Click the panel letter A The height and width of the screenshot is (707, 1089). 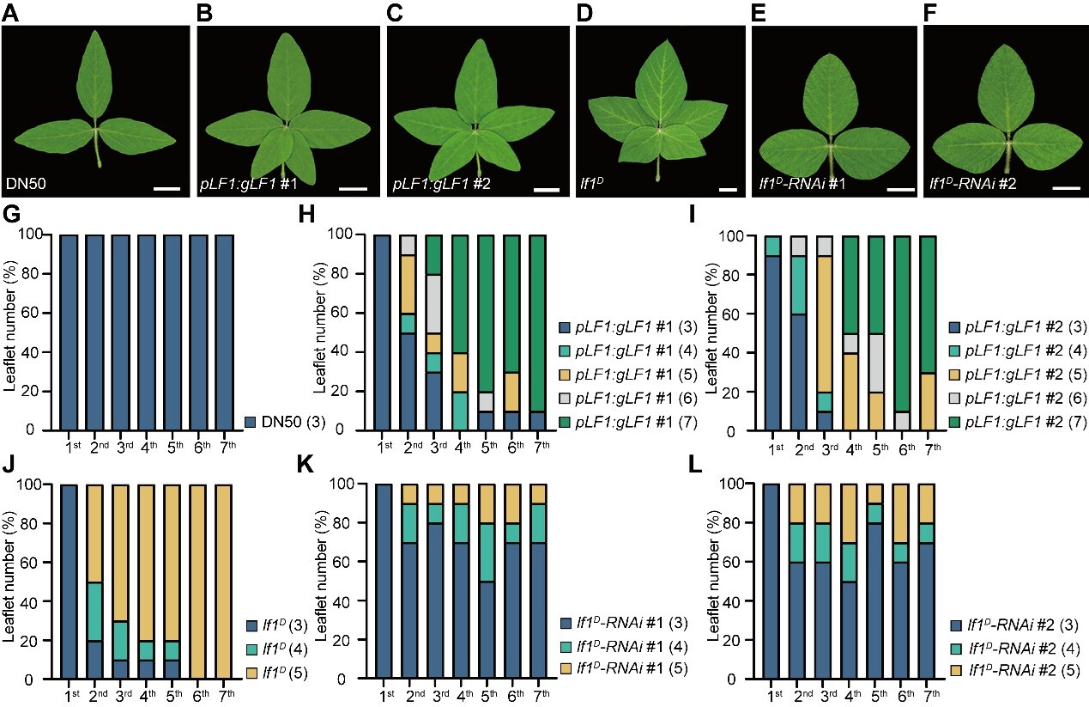pyautogui.click(x=10, y=14)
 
